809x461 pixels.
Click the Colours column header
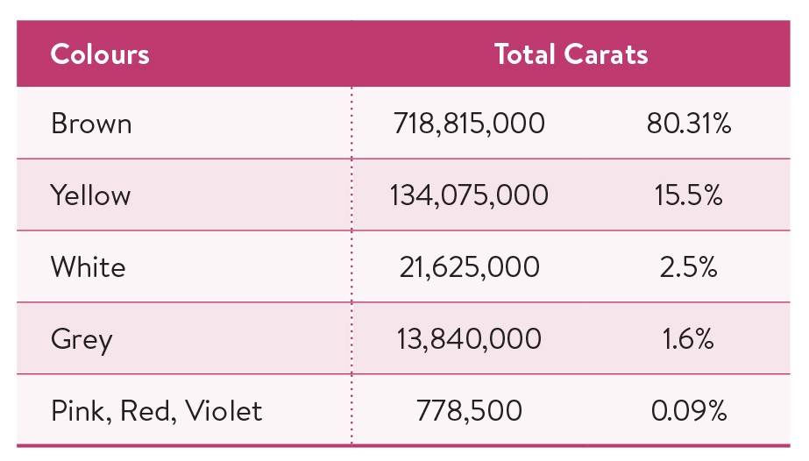pyautogui.click(x=100, y=54)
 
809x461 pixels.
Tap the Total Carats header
pyautogui.click(x=571, y=54)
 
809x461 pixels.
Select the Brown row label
pyautogui.click(x=91, y=124)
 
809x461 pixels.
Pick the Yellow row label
pyautogui.click(x=90, y=195)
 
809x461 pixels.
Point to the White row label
pyautogui.click(x=88, y=266)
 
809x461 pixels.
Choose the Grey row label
pyautogui.click(x=82, y=339)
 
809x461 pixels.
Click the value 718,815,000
pyautogui.click(x=469, y=124)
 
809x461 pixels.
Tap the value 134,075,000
pyautogui.click(x=469, y=195)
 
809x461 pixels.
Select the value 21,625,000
pyautogui.click(x=469, y=266)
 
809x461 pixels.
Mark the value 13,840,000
pyautogui.click(x=469, y=338)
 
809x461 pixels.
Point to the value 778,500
pyautogui.click(x=470, y=410)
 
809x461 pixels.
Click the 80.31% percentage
pyautogui.click(x=689, y=124)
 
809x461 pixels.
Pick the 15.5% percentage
pyautogui.click(x=689, y=195)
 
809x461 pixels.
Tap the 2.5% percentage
pyautogui.click(x=689, y=266)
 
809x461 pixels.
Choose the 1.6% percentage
pyautogui.click(x=689, y=338)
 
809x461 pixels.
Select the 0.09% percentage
pyautogui.click(x=689, y=410)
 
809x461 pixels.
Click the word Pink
pyautogui.click(x=76, y=410)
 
